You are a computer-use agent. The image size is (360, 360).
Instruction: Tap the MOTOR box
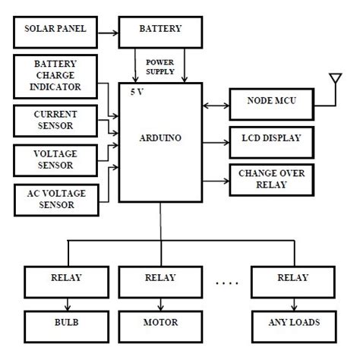(x=160, y=323)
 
